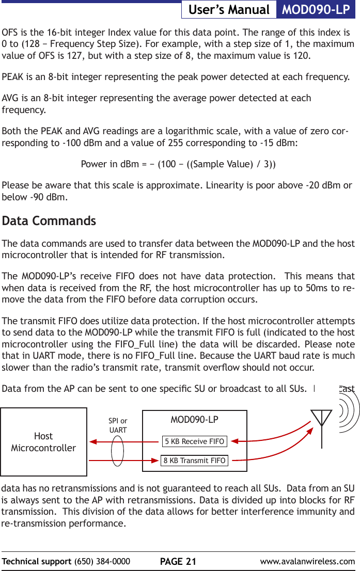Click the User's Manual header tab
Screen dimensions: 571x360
229,10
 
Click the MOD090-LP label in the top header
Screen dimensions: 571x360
316,10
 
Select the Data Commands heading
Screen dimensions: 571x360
49,221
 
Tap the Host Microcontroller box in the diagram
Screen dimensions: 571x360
43,442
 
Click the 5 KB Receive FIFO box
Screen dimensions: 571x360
194,441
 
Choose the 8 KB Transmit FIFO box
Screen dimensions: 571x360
194,461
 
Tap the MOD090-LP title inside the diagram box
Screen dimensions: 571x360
194,419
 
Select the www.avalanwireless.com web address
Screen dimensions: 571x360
307,562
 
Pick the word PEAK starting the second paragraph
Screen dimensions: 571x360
13,77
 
